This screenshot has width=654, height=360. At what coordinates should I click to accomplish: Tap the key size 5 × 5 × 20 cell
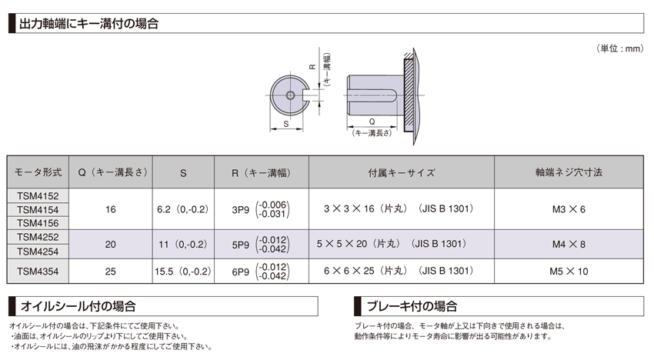click(x=401, y=244)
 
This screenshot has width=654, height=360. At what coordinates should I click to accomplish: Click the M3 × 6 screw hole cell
click(x=569, y=208)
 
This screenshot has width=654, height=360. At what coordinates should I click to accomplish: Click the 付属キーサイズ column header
click(x=401, y=173)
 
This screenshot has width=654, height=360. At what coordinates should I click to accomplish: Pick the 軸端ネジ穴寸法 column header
click(x=569, y=173)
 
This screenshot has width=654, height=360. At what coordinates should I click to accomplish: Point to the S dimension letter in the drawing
click(x=286, y=123)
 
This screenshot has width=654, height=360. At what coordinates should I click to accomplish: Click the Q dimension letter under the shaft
click(x=372, y=122)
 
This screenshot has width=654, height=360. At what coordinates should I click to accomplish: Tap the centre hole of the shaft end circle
click(x=290, y=95)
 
